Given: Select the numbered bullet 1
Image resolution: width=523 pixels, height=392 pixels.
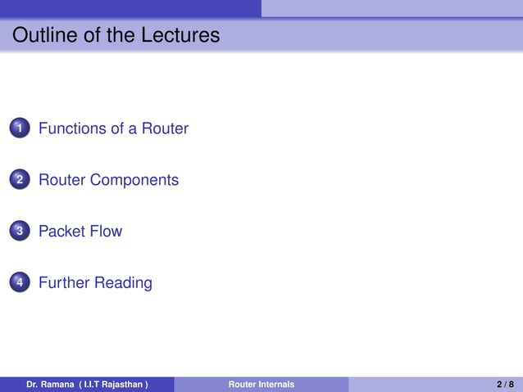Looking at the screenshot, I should [x=20, y=128].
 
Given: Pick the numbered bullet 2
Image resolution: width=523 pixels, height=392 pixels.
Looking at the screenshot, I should [x=20, y=180].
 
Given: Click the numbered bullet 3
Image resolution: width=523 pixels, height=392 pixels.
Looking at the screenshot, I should [x=20, y=232].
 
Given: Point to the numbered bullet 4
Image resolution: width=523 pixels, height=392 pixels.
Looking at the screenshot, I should [x=20, y=283].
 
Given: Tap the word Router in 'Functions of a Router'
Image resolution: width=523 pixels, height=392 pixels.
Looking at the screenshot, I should [x=165, y=128].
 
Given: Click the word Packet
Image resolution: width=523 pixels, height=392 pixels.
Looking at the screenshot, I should [x=62, y=232].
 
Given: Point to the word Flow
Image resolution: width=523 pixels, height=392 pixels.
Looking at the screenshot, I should [x=107, y=232].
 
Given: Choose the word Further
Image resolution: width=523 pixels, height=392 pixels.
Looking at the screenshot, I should [x=64, y=283].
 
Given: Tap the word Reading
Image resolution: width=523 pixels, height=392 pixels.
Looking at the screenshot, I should [x=123, y=283].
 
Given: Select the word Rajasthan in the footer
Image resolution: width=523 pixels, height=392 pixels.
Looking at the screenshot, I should [x=121, y=385].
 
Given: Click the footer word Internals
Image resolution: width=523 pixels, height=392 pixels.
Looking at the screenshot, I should [x=276, y=385].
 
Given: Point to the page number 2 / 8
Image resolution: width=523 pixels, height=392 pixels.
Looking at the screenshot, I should [x=505, y=385].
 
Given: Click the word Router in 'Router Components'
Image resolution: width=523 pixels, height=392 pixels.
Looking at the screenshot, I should [x=62, y=180].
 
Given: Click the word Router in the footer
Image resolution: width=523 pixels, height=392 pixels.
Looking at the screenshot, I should [x=243, y=385].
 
